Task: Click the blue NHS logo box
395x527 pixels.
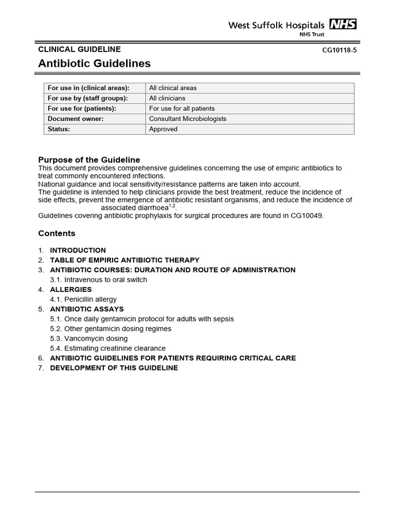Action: pos(343,24)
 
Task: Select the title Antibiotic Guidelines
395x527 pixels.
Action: pos(94,64)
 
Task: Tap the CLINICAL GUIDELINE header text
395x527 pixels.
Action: pos(79,49)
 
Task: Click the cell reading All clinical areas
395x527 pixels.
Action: pos(173,88)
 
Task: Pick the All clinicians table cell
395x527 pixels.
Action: pos(167,98)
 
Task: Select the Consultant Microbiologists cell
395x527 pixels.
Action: pos(188,119)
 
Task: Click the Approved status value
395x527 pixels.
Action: pos(163,129)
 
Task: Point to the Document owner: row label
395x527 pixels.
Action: pos(76,119)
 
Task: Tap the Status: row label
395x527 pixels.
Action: pos(59,129)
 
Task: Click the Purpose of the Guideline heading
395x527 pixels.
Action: pos(89,160)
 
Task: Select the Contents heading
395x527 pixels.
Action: pos(57,234)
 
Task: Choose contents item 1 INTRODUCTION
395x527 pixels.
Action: pos(78,250)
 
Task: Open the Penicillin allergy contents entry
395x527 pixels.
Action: pos(90,299)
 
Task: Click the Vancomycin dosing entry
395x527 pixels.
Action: pos(95,339)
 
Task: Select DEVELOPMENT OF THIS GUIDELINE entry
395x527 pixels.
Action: pos(114,368)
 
